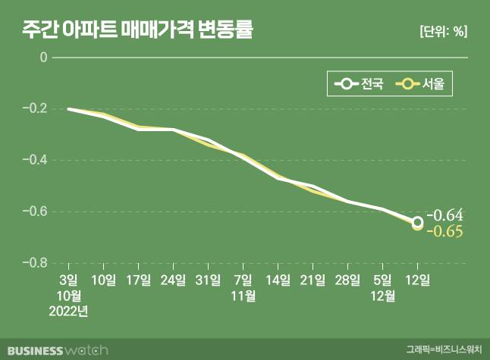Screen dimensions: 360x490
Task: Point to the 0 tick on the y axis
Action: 43,58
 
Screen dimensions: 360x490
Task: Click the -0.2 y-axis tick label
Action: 36,109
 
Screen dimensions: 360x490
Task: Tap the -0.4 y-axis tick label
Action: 36,161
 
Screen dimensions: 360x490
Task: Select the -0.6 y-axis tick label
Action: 36,211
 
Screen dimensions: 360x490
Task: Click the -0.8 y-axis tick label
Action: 36,263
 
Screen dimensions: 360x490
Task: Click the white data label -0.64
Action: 444,214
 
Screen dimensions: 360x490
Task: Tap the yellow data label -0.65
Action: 444,231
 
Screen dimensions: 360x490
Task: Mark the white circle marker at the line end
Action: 417,222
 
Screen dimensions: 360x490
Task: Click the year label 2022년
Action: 69,310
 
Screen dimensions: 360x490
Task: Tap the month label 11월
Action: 243,296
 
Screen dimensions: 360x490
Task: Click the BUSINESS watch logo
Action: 55,349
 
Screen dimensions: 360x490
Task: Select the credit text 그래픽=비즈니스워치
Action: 443,350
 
